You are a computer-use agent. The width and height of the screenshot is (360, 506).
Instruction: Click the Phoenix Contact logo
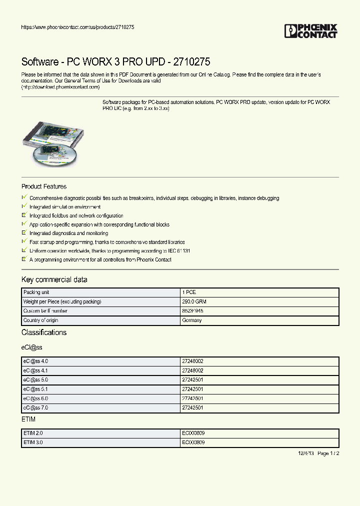click(310, 31)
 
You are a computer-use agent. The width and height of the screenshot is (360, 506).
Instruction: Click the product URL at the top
click(77, 27)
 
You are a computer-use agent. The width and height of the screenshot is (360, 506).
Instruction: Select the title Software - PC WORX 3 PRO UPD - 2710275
click(115, 62)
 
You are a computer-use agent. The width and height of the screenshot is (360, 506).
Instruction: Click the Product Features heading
click(44, 186)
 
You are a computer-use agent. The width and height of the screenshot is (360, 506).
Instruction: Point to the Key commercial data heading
click(54, 279)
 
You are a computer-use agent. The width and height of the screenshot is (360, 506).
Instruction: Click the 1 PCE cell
click(190, 292)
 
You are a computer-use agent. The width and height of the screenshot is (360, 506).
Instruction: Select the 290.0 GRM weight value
click(194, 301)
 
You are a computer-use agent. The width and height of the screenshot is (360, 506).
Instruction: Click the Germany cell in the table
click(192, 320)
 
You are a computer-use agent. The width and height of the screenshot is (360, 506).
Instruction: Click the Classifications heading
click(44, 332)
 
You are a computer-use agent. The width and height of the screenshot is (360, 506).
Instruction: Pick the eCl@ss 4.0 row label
click(35, 361)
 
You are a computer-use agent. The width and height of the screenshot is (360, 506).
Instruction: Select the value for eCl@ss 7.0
click(193, 407)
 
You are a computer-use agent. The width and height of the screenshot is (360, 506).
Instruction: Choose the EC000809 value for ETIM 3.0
click(193, 442)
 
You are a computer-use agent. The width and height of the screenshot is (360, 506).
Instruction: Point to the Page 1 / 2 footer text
click(328, 453)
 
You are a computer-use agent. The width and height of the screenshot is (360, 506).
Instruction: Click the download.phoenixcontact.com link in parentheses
click(60, 87)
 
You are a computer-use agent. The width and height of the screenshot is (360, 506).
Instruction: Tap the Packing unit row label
click(36, 292)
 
